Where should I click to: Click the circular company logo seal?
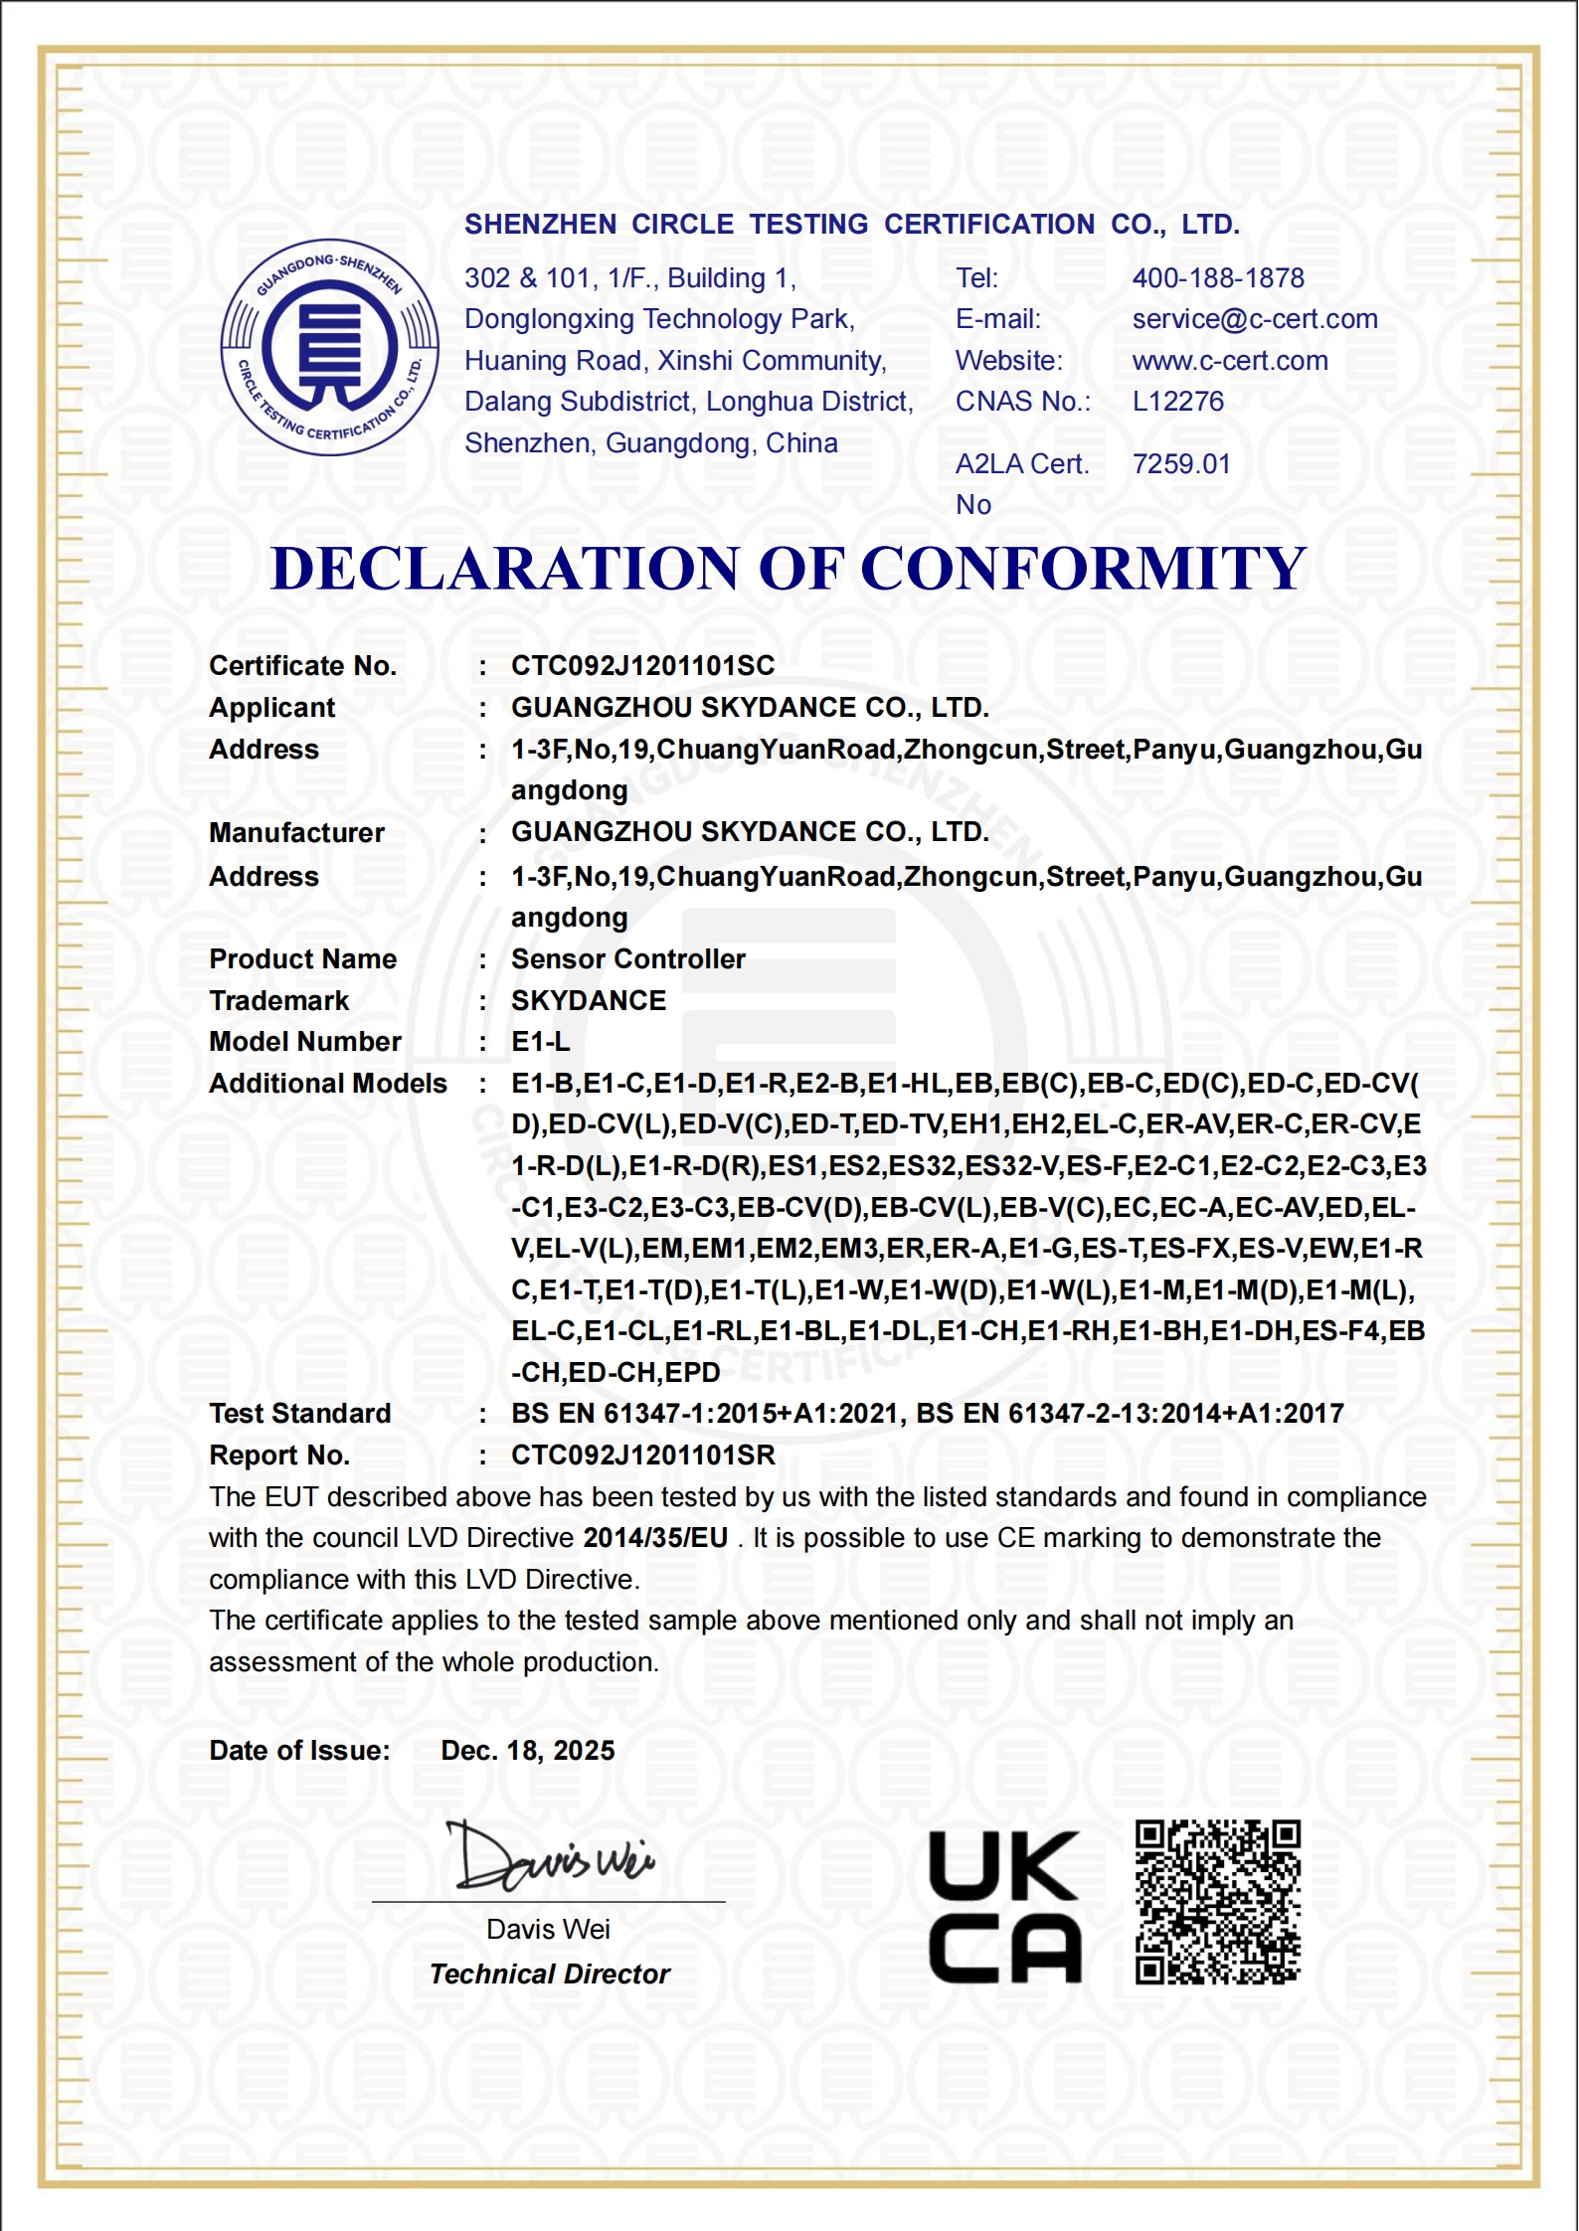[329, 347]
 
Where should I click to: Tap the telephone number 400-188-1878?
[1217, 278]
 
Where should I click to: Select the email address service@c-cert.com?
[1254, 319]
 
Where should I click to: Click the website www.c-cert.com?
[1229, 361]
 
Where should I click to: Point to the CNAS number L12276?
[1177, 402]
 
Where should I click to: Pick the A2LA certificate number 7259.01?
[1180, 464]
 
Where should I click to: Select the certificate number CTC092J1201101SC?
[642, 666]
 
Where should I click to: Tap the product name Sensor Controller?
[627, 959]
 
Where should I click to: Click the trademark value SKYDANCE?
[589, 1001]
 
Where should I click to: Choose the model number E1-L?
[540, 1042]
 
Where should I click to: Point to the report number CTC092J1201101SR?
[642, 1456]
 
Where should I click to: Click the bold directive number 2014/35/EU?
[655, 1538]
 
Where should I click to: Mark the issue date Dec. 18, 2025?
[527, 1751]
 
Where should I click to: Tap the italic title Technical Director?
[549, 1974]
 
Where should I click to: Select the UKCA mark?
[1003, 1907]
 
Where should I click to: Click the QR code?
[1217, 1903]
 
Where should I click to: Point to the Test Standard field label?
[299, 1414]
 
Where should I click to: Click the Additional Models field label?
[327, 1084]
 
